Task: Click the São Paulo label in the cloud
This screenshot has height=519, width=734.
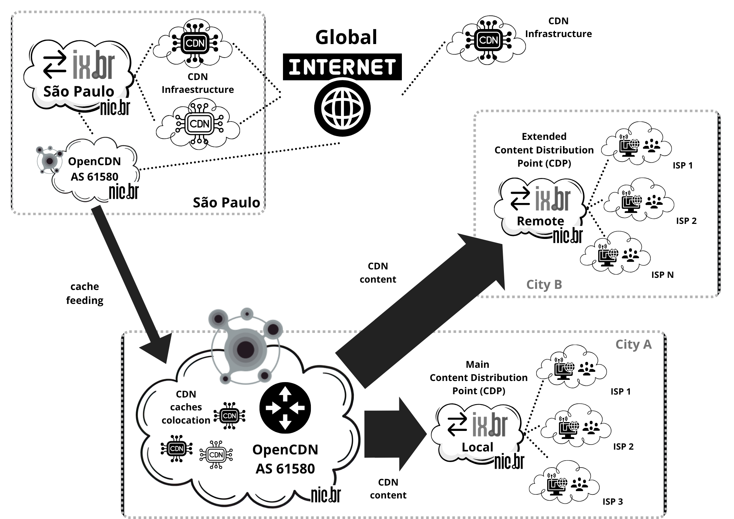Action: tap(79, 91)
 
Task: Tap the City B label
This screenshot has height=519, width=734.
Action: tap(544, 284)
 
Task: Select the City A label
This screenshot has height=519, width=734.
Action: tap(633, 345)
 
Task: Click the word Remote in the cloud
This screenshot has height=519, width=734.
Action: tap(540, 221)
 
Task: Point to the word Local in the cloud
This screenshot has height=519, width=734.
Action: tap(477, 447)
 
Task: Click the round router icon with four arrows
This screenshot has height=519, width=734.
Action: tap(285, 408)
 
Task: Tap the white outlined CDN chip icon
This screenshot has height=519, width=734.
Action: tap(216, 455)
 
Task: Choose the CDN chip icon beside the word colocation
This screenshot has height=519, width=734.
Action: tap(230, 416)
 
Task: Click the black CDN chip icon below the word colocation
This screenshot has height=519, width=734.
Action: tap(177, 449)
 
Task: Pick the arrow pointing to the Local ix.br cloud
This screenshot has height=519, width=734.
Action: tap(395, 434)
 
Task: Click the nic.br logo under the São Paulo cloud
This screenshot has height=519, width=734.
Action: tap(115, 108)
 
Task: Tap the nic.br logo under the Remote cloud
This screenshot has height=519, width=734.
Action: tap(568, 236)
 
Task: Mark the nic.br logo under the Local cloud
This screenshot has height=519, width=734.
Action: tap(509, 462)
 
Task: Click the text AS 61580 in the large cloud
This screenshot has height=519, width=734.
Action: tap(285, 469)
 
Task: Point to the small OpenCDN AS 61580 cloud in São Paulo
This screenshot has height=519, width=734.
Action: tap(95, 169)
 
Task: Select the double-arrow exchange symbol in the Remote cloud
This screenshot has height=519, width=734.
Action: tap(520, 199)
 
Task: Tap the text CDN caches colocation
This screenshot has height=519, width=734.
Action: tap(186, 407)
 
